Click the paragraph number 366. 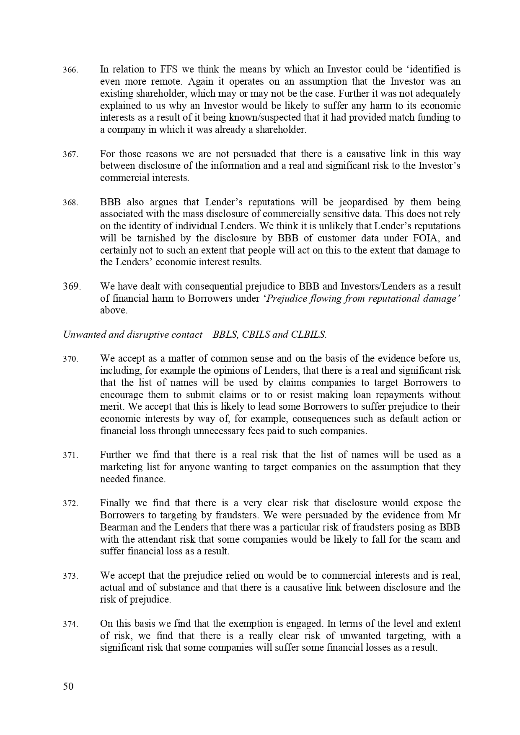(70, 70)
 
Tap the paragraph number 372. (70, 504)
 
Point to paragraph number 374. (70, 624)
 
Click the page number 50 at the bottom (68, 686)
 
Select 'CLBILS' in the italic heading (309, 335)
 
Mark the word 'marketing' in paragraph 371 (119, 467)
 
